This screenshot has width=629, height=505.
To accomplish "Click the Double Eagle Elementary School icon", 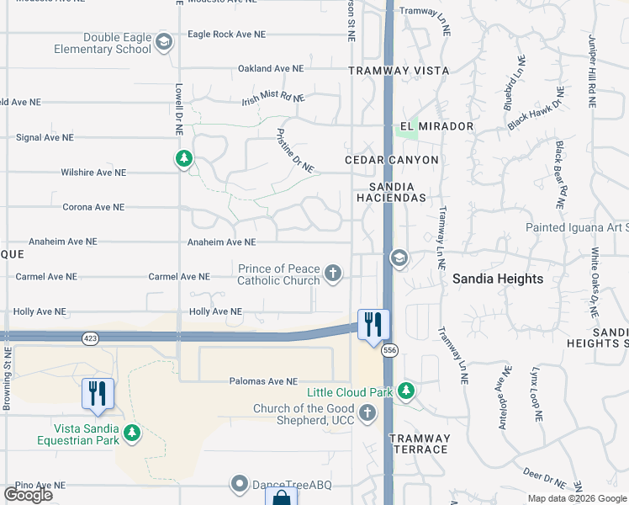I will [x=164, y=41].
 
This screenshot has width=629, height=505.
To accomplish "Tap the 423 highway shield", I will [x=90, y=338].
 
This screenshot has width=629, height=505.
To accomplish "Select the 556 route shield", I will [x=388, y=349].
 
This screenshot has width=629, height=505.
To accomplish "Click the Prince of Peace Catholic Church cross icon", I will [x=334, y=273].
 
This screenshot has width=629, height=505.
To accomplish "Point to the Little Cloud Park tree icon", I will [x=406, y=391].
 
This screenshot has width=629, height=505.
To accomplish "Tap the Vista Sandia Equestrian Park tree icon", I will [x=131, y=433].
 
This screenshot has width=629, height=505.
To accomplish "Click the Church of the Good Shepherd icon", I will [x=367, y=412].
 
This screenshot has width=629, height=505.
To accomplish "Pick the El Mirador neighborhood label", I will [x=436, y=126].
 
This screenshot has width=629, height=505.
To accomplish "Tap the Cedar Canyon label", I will [x=392, y=160].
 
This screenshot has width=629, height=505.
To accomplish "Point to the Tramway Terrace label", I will [x=419, y=444].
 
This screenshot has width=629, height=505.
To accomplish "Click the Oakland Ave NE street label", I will [x=270, y=68].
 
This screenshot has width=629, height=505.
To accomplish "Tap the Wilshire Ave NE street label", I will [x=92, y=173].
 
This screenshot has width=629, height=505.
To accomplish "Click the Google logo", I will [x=28, y=495].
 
